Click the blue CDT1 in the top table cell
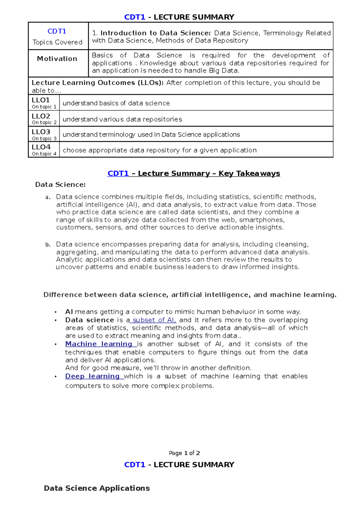click(57, 31)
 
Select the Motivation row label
click(57, 59)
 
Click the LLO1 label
click(41, 100)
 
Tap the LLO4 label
click(41, 147)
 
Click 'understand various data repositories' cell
click(122, 119)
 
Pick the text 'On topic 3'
click(44, 138)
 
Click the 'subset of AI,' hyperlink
click(154, 320)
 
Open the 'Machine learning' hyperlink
click(99, 344)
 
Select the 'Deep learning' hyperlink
click(92, 376)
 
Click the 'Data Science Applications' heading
click(97, 488)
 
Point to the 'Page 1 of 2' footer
click(184, 453)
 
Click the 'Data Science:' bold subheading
click(60, 185)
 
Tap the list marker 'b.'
click(48, 245)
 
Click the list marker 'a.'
click(48, 197)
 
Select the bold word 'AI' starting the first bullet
click(69, 312)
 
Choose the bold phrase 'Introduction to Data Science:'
click(155, 33)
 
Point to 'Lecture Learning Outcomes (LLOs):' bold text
click(97, 83)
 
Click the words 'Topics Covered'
click(57, 42)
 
